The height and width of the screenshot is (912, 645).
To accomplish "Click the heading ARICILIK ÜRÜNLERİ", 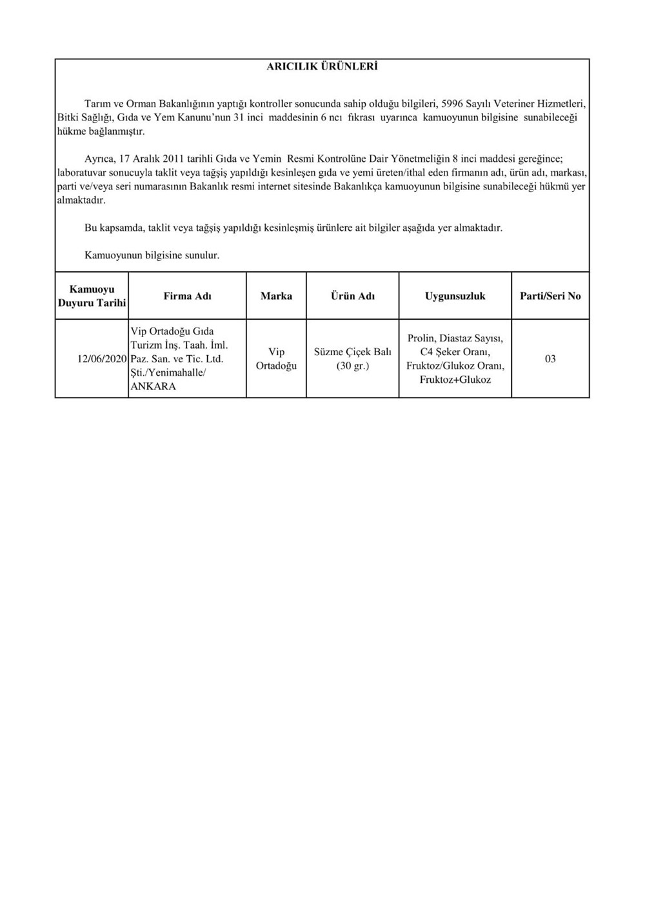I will (322, 66).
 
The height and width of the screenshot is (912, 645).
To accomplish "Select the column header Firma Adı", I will (187, 296).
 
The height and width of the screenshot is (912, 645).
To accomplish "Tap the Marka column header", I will (276, 296).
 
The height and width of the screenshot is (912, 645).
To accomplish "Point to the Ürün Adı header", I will (352, 296).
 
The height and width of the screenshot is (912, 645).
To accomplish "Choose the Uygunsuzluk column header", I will (455, 296).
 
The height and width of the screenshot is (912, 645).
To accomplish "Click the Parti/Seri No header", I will (550, 296).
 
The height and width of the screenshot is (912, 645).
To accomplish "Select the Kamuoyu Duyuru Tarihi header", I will (92, 296).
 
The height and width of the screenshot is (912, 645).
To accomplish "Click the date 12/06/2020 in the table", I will (102, 359).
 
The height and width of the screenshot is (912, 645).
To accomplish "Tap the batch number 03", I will (550, 359).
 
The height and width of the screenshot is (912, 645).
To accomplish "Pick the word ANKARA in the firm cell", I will (153, 387).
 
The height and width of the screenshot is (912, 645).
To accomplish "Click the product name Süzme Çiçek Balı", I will (352, 352).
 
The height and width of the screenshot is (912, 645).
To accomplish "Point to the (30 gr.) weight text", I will (352, 366).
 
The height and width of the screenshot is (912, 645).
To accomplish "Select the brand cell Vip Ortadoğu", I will (276, 359).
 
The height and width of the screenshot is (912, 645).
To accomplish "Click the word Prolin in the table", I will (421, 338).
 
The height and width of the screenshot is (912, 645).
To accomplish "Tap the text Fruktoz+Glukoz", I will (455, 380).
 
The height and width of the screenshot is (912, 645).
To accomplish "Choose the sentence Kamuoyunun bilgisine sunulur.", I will (152, 255).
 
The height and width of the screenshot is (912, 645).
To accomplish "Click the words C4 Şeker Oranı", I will (455, 352).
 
